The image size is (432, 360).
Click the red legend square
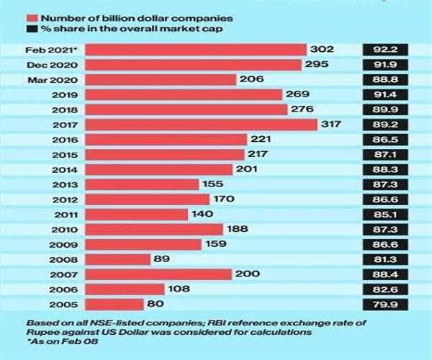click(x=32, y=17)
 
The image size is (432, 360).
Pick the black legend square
click(x=32, y=29)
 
